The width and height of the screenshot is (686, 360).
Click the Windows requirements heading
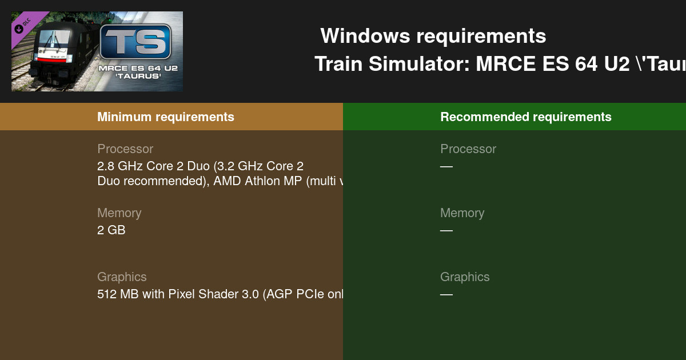pos(433,37)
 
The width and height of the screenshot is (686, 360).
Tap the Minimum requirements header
pos(166,117)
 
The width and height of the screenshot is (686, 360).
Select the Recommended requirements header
pos(526,117)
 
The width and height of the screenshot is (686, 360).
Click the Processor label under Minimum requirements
pos(125,149)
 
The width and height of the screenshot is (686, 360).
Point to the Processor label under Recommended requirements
pos(468,149)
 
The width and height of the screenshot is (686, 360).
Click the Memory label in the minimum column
pos(119,213)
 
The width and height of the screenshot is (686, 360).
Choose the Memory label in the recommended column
pos(462,213)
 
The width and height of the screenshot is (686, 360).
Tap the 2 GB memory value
pos(111,230)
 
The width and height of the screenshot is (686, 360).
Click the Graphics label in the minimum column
pos(122,277)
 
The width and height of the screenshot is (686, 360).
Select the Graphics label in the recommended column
pos(465,277)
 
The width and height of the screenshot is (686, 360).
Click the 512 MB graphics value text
pos(220,294)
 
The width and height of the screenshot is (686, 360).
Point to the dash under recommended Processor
pos(446,166)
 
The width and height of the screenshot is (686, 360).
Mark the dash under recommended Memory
pos(446,230)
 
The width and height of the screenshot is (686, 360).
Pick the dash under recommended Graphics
pos(446,294)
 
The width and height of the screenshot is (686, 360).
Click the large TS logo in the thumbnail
pos(135,42)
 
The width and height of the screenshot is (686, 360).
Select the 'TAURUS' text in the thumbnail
pos(137,76)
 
